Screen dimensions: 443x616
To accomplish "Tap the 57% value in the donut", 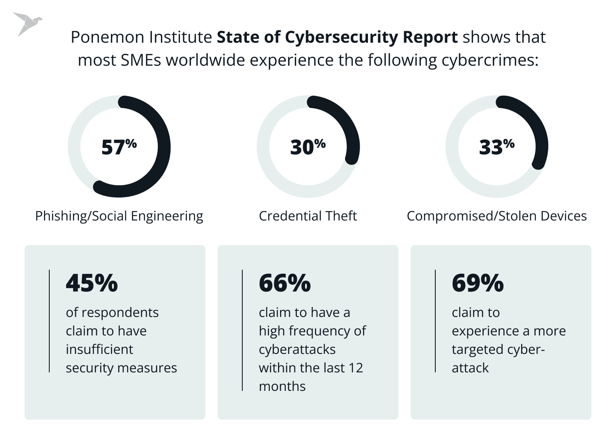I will pyautogui.click(x=119, y=147).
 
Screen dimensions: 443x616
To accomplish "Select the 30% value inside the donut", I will pyautogui.click(x=308, y=147).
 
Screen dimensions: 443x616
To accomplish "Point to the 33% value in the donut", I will pyautogui.click(x=496, y=147).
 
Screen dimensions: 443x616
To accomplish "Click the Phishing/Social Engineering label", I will pyautogui.click(x=119, y=216).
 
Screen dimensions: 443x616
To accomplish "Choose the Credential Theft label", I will pyautogui.click(x=308, y=216).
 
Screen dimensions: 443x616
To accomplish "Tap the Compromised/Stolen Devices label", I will pyautogui.click(x=496, y=216).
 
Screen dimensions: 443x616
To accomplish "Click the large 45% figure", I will pyautogui.click(x=92, y=283).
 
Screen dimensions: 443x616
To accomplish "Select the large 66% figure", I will pyautogui.click(x=285, y=283).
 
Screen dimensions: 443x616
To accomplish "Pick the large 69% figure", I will pyautogui.click(x=478, y=283).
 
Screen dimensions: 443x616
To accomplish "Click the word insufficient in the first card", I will pyautogui.click(x=99, y=349).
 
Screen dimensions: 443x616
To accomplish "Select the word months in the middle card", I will pyautogui.click(x=282, y=386).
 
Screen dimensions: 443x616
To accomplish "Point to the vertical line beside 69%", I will pyautogui.click(x=435, y=321).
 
